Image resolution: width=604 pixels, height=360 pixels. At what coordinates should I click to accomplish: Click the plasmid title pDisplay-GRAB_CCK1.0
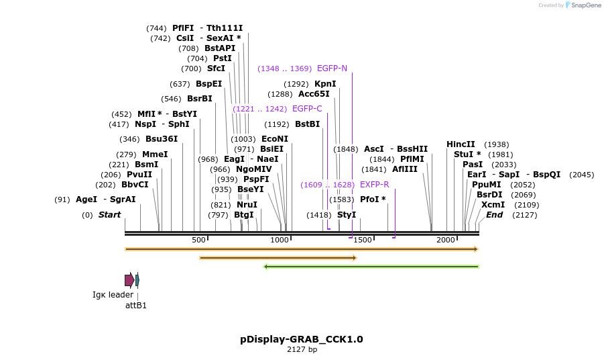coord(302,339)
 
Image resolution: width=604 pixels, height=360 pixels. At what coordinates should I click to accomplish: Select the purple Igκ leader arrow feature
coord(129,280)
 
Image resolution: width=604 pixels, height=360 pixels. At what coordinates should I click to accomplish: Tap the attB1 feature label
coord(136,306)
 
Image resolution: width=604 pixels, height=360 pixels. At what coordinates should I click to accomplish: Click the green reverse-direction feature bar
coord(371,267)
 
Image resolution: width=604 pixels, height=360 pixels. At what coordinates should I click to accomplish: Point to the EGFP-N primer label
coord(332,69)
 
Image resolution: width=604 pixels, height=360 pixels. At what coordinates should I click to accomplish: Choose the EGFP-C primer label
coord(307,109)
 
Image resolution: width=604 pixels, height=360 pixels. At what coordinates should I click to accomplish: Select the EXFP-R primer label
coord(374,185)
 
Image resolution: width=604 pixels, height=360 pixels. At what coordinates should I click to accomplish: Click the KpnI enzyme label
coord(325,84)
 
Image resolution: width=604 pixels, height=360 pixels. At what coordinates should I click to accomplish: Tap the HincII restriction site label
coord(461,144)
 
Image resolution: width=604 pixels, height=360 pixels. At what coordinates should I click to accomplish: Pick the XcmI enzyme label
coord(493,205)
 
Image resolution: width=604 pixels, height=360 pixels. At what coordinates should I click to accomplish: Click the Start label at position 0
coord(109,215)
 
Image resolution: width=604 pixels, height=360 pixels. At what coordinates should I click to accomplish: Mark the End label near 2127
coord(494,215)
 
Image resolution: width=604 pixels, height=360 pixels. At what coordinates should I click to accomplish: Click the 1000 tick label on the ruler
coord(280,240)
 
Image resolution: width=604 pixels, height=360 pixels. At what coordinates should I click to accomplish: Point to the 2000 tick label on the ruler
coord(446,240)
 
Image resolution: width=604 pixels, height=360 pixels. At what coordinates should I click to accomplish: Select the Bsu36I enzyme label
coord(162,139)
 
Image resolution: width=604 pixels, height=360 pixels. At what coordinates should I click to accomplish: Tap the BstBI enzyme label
coord(308,124)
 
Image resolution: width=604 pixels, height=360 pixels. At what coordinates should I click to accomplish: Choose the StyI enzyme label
coord(347,215)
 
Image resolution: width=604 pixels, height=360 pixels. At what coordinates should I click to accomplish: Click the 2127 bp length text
coord(302,349)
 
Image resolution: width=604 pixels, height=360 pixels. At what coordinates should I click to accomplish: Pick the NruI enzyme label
coord(247,205)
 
